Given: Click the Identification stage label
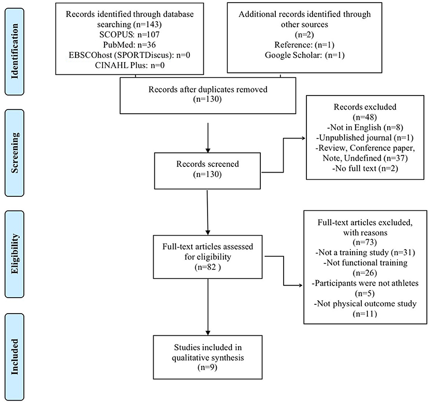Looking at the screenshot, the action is pyautogui.click(x=14, y=51).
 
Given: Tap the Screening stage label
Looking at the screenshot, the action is pyautogui.click(x=14, y=153).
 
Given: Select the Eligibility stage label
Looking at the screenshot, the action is pyautogui.click(x=14, y=254).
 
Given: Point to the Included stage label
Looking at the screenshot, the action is pyautogui.click(x=14, y=357).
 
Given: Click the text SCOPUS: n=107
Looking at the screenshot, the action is pyautogui.click(x=129, y=35).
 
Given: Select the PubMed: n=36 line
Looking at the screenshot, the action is pyautogui.click(x=129, y=45).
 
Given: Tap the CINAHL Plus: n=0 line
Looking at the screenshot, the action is pyautogui.click(x=130, y=65).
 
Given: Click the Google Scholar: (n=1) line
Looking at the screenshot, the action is pyautogui.click(x=304, y=55).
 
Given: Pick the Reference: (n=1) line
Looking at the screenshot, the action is pyautogui.click(x=304, y=45).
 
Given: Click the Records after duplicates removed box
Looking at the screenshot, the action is pyautogui.click(x=208, y=96).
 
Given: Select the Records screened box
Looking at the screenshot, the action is pyautogui.click(x=208, y=171).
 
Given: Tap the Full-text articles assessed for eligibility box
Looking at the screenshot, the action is pyautogui.click(x=208, y=257).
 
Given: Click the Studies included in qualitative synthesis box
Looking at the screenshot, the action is pyautogui.click(x=208, y=357).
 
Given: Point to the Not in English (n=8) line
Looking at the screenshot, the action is pyautogui.click(x=365, y=127).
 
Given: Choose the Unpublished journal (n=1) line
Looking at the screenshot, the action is pyautogui.click(x=365, y=137).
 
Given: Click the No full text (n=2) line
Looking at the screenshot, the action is pyautogui.click(x=365, y=168).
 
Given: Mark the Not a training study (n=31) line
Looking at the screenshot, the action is pyautogui.click(x=365, y=253).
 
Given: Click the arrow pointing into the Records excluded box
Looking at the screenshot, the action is pyautogui.click(x=284, y=155).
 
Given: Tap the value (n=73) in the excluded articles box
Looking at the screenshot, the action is pyautogui.click(x=365, y=242).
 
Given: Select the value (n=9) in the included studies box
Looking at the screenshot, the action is pyautogui.click(x=208, y=367).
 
